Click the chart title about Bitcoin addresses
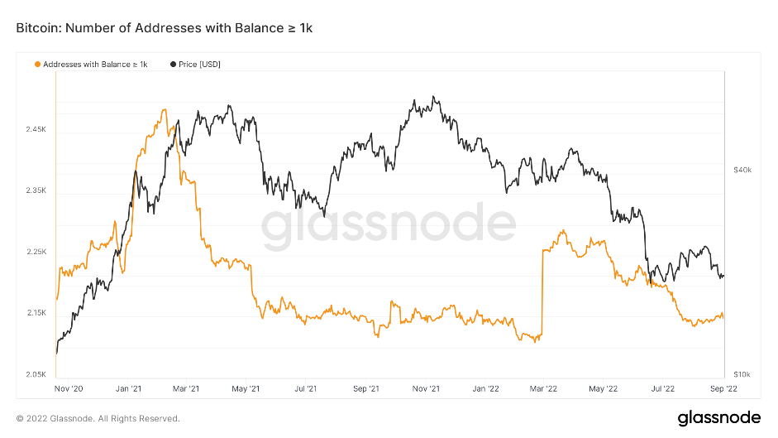[164, 28]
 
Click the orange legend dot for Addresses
[36, 64]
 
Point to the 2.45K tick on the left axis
[37, 130]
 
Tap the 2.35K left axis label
[37, 190]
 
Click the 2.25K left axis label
[37, 252]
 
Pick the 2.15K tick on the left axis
[37, 313]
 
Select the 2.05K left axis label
[37, 374]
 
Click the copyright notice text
[98, 418]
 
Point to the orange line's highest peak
[165, 109]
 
